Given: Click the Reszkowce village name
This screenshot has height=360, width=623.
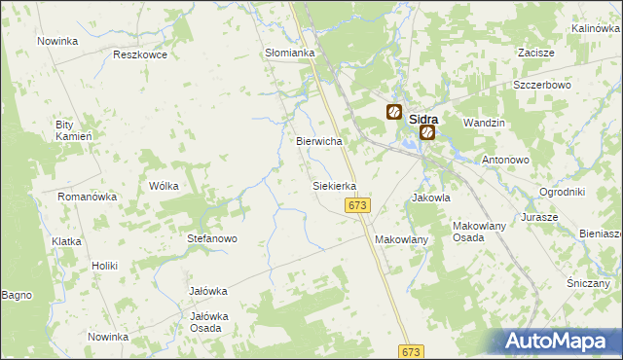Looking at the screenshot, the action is pos(140,54).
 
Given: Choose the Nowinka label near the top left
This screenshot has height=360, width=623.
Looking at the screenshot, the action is pos(57,41).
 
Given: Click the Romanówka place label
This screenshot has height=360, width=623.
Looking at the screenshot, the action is pos(87,197).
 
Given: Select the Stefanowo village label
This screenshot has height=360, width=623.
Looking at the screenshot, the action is pos(212,238).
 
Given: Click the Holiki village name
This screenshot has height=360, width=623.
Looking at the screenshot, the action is pos(104,266).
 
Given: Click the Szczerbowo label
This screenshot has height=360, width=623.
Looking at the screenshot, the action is pos(541,85).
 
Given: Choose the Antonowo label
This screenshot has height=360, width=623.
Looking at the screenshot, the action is pos(504,160).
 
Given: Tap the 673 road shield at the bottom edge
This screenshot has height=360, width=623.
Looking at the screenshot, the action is pos(412,351).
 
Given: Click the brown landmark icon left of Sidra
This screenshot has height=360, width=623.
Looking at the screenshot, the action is pos(394,112).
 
